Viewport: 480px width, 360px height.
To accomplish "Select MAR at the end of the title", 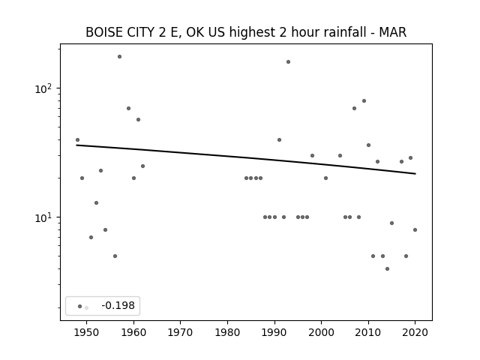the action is [393, 32].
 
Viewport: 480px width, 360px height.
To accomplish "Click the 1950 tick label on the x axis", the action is [86, 332].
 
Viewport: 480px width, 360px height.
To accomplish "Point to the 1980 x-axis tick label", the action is [227, 332].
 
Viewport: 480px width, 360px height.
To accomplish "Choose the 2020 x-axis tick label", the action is [415, 332].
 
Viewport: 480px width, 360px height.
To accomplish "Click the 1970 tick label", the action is [180, 332].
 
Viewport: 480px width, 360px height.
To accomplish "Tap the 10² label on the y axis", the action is [43, 88].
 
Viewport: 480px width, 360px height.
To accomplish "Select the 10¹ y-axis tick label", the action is [43, 217].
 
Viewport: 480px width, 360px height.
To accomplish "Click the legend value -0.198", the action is [118, 305].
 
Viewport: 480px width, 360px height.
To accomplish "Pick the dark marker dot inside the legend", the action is [80, 306].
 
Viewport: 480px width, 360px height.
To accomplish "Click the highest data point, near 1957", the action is [120, 57].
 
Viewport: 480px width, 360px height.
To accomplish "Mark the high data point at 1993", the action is [288, 61].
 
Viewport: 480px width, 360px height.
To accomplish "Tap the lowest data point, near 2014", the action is [387, 268].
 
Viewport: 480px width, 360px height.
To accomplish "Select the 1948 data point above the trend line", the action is [77, 140].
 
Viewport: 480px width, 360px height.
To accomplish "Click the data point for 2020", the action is [415, 230].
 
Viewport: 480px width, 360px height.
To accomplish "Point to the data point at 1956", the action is [115, 256].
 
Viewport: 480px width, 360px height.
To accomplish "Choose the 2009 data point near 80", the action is [364, 101].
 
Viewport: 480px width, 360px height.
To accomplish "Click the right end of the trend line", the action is [415, 173].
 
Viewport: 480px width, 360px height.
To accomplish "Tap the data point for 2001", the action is [325, 178].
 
